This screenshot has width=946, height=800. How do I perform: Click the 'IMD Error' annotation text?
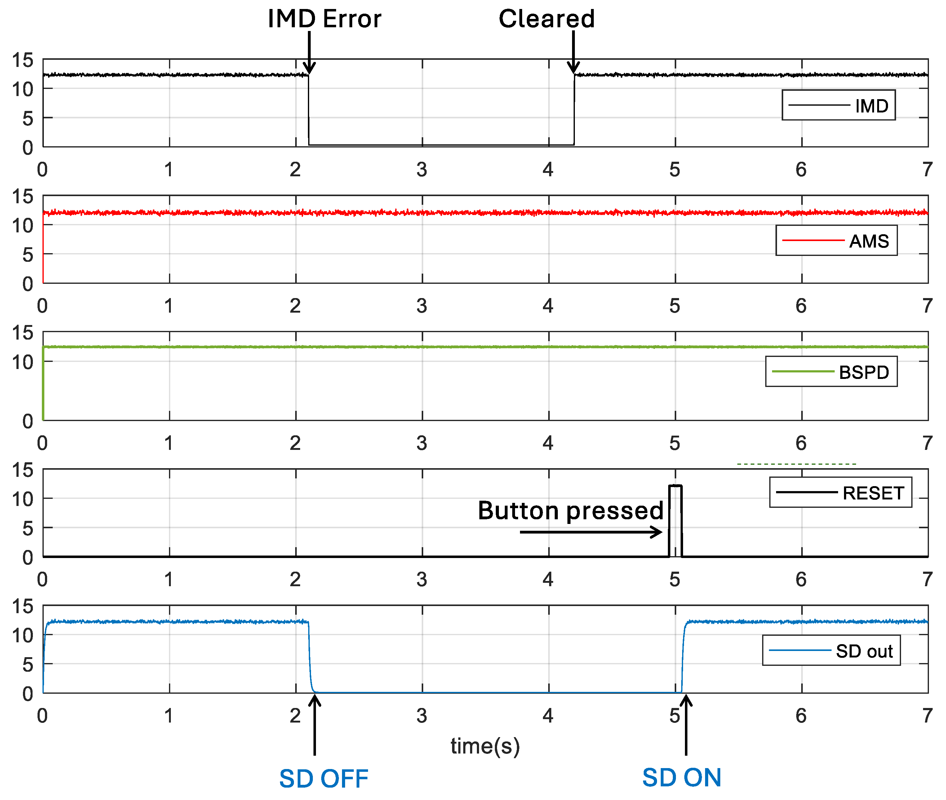point(324,19)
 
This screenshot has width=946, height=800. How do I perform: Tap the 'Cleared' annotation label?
point(546,19)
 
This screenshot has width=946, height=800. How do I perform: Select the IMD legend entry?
point(838,105)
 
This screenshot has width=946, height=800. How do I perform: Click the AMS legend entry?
point(836,240)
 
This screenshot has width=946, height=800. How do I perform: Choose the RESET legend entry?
point(840,493)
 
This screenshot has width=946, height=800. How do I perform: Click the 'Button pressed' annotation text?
point(570,511)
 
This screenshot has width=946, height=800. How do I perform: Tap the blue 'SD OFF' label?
point(323,778)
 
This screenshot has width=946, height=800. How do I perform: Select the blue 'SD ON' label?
point(682,777)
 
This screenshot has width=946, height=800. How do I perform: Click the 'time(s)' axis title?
point(485,746)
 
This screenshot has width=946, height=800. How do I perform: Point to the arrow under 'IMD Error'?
point(309,52)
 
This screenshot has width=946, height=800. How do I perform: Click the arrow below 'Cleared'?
point(574,52)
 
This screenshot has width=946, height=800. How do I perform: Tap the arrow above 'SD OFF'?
point(314,726)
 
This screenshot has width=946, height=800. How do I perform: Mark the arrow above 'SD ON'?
point(686,726)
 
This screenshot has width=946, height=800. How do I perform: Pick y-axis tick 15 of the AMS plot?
point(23,196)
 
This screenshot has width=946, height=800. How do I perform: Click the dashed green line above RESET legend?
point(796,464)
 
